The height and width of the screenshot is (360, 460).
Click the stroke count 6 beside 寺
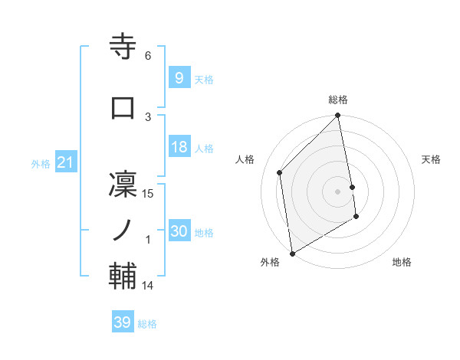(148, 56)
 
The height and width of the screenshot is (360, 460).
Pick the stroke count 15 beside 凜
(148, 194)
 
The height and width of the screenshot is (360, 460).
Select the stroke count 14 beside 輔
(148, 286)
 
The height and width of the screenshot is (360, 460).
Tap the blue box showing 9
(179, 78)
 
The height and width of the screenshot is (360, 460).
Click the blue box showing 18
(179, 148)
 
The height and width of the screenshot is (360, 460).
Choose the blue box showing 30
(179, 231)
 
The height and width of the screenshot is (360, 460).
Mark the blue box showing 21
(65, 163)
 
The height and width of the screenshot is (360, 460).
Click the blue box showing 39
(122, 322)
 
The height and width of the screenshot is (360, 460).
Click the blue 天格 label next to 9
(204, 80)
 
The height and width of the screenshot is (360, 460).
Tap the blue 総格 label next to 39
(147, 324)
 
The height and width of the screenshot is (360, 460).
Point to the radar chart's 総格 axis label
(338, 100)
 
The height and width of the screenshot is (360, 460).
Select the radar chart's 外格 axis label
(270, 262)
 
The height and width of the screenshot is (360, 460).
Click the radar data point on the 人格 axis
(280, 172)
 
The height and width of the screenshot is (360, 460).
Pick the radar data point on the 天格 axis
(352, 186)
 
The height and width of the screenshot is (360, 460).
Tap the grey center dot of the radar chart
(337, 191)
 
